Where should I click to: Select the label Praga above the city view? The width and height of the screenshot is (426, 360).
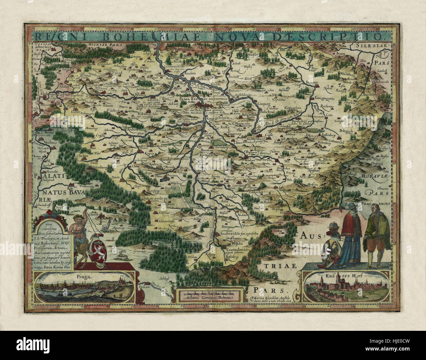point(84,276)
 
